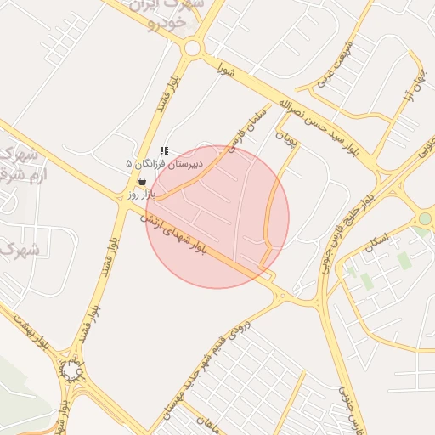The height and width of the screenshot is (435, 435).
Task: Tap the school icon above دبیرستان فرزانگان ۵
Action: [164, 150]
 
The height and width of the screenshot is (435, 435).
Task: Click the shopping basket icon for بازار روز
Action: [141, 181]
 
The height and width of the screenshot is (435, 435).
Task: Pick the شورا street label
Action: [225, 67]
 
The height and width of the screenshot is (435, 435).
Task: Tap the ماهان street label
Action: [209, 422]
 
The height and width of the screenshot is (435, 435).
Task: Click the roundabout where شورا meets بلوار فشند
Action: [193, 48]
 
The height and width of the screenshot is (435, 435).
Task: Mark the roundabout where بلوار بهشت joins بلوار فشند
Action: [71, 372]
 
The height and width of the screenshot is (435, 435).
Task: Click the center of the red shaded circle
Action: [217, 217]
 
